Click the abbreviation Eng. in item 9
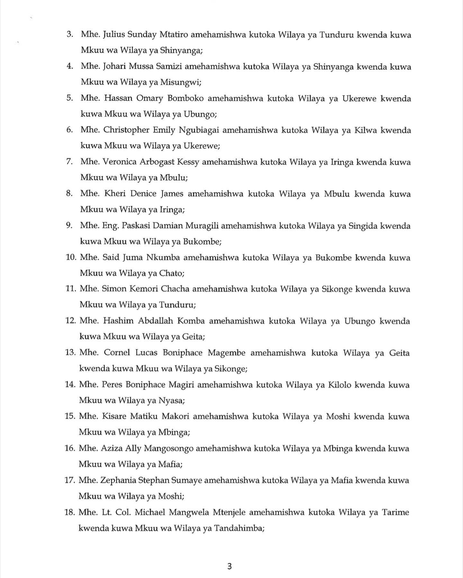[111, 226]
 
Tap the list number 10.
[71, 258]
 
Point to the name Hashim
[118, 321]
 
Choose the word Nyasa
[171, 401]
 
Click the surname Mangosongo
[168, 449]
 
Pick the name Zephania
[117, 480]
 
